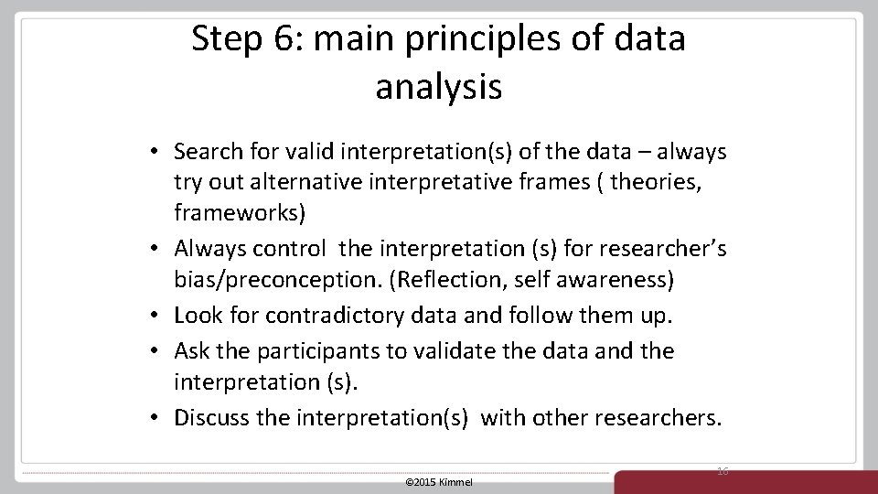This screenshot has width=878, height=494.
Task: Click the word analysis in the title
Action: coord(438,87)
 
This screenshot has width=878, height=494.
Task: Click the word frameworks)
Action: coord(241,214)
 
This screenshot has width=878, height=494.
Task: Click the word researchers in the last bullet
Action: coord(657,418)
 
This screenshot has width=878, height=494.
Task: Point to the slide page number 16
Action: coord(723,470)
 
